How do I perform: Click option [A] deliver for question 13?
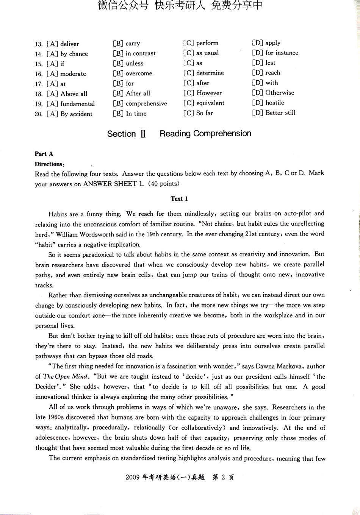63,44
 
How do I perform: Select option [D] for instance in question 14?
275,53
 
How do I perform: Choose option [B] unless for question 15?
128,64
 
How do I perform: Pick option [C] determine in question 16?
203,73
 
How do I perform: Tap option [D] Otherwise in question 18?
273,93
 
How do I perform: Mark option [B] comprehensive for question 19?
140,103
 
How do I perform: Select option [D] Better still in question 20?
274,113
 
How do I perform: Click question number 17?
39,84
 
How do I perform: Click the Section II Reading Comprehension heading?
179,134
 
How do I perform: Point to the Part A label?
44,154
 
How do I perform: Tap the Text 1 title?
179,199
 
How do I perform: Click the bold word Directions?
49,164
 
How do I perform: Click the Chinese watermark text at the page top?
180,6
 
